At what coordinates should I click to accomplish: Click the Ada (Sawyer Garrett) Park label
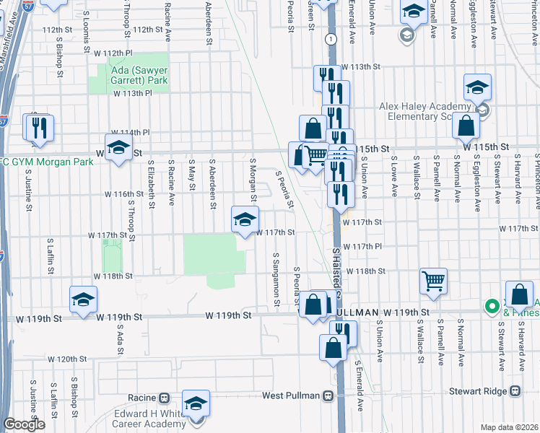tap(140, 76)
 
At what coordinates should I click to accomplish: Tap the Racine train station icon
tap(165, 398)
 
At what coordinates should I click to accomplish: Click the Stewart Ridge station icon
tap(515, 390)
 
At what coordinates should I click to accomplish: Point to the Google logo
tap(24, 424)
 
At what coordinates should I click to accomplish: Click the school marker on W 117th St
tap(245, 219)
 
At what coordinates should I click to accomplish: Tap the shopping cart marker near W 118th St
tap(433, 281)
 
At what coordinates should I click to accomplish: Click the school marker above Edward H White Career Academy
tap(195, 403)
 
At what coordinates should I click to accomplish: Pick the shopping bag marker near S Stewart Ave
tap(519, 294)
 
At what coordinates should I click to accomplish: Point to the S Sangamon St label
tap(276, 275)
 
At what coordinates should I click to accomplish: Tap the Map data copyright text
tap(509, 427)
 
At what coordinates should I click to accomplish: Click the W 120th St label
tap(67, 359)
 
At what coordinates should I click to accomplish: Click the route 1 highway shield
tap(330, 38)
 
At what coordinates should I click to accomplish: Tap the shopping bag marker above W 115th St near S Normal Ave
tap(466, 126)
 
